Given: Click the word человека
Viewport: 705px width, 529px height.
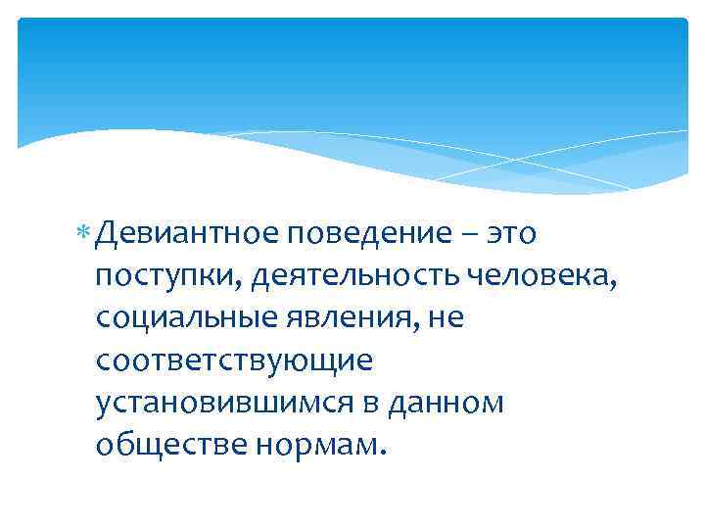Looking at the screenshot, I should point(538,277).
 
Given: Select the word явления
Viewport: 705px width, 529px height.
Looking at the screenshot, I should point(336,319).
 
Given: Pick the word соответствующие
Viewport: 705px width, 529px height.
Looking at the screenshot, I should point(234,361).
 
